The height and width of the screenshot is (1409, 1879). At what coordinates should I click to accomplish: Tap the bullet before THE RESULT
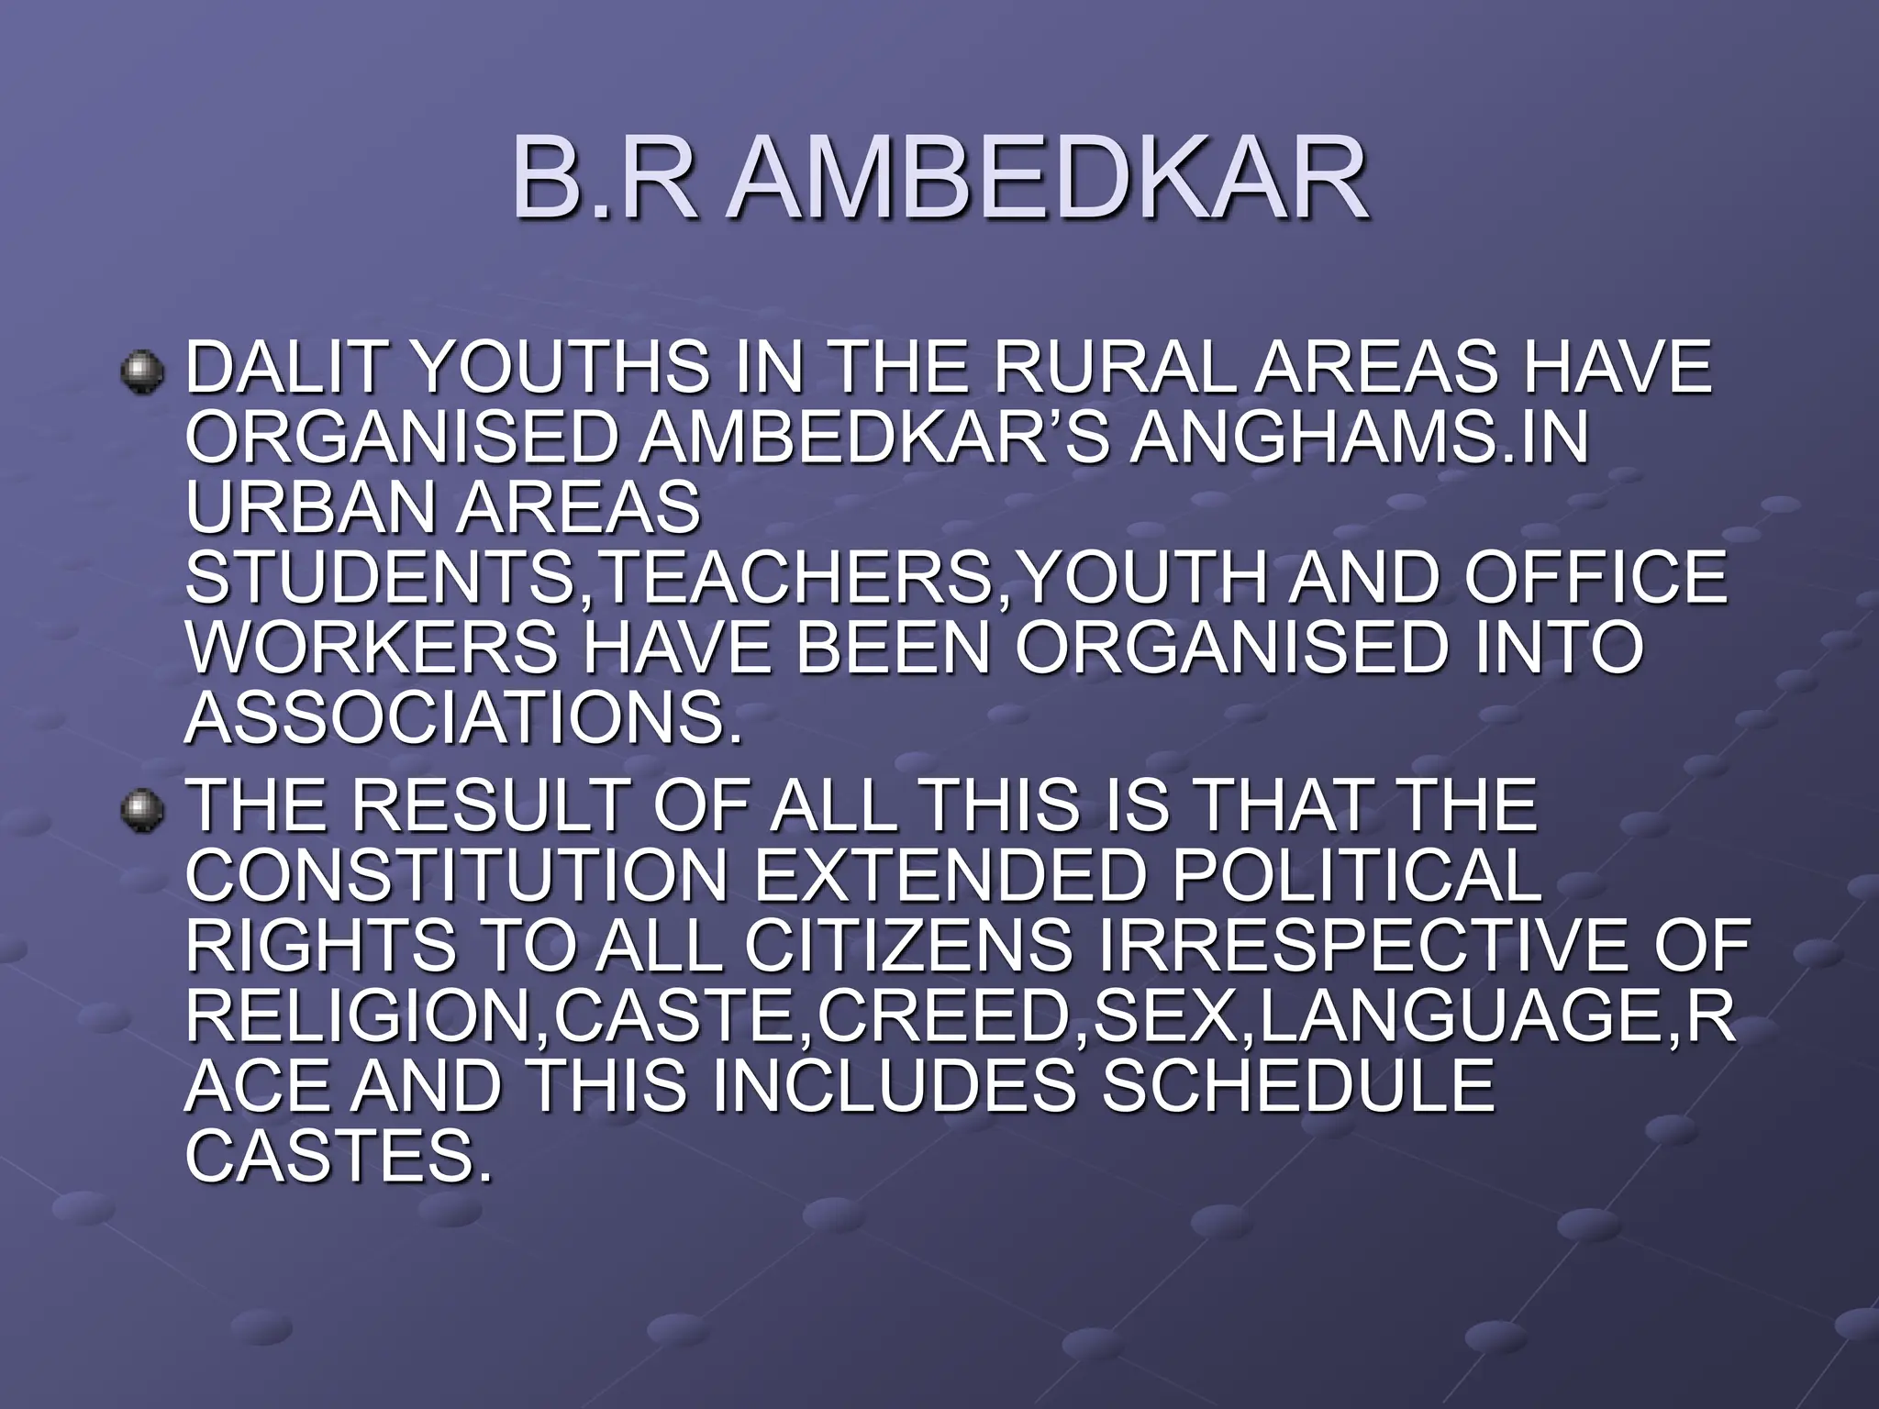click(143, 810)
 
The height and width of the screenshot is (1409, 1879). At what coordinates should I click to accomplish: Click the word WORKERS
click(372, 648)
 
